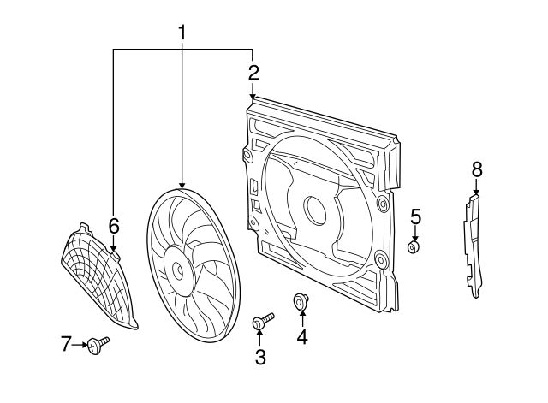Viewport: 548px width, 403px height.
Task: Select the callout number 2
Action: pyautogui.click(x=253, y=71)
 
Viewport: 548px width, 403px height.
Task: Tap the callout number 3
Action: pyautogui.click(x=260, y=357)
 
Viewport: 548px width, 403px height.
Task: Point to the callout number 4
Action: pyautogui.click(x=301, y=337)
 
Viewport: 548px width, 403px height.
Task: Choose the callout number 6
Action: pyautogui.click(x=113, y=226)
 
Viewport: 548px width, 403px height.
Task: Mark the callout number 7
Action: pyautogui.click(x=67, y=344)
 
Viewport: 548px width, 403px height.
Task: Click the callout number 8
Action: pyautogui.click(x=477, y=169)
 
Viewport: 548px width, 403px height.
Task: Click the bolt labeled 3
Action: pyautogui.click(x=261, y=322)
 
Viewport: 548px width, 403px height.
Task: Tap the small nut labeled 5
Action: pyautogui.click(x=414, y=247)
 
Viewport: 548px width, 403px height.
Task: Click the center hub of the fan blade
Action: pyautogui.click(x=178, y=269)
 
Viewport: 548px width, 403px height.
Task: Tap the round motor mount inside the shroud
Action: pyautogui.click(x=312, y=209)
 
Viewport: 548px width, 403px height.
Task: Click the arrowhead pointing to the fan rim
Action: pyautogui.click(x=182, y=185)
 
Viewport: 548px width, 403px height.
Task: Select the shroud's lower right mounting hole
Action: pyautogui.click(x=378, y=254)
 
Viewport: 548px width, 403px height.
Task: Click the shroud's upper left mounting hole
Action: pyautogui.click(x=247, y=155)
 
